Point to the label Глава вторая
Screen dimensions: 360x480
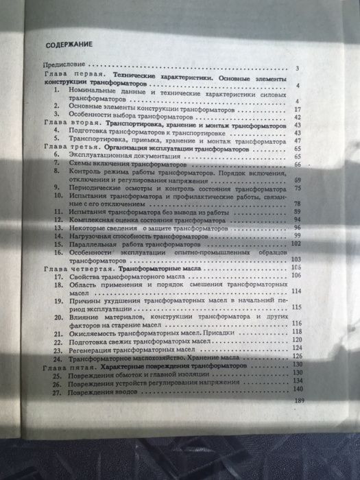[63, 126]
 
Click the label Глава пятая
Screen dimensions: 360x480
[60, 368]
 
